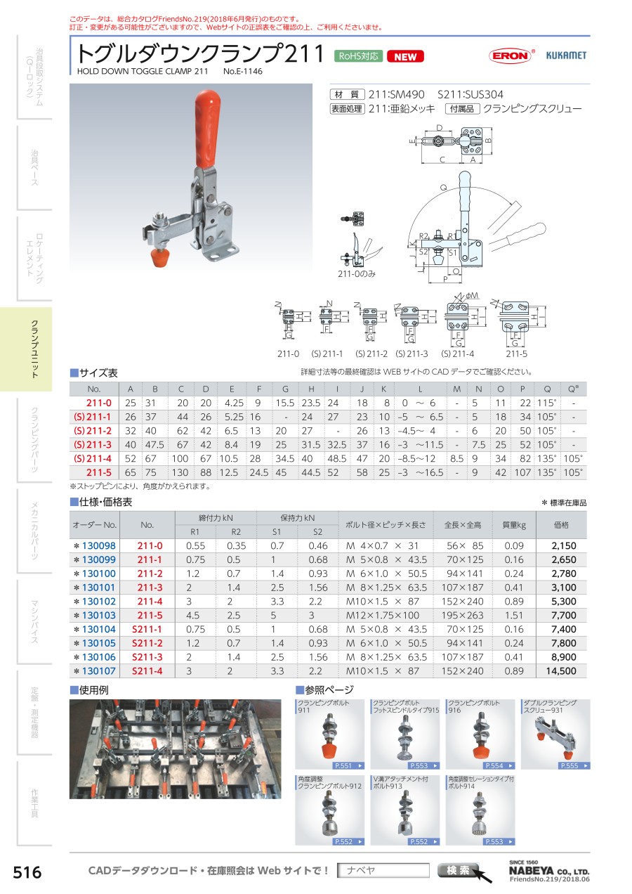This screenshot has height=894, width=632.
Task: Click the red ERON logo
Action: tap(511, 56)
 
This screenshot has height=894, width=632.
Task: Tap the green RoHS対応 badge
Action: tap(358, 56)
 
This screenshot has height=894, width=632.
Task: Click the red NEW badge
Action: tap(405, 57)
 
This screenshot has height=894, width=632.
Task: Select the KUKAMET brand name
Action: tap(566, 56)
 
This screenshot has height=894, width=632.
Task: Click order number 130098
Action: tap(98, 545)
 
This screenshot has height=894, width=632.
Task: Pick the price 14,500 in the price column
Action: tap(561, 671)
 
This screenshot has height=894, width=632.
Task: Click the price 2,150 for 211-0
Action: tap(564, 545)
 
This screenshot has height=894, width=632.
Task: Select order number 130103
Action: tap(98, 615)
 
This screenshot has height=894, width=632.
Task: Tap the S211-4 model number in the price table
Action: tap(147, 671)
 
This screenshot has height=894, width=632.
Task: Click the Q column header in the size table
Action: tap(547, 389)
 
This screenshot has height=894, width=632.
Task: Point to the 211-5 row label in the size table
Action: tap(99, 472)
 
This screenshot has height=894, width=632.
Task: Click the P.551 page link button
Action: tap(349, 765)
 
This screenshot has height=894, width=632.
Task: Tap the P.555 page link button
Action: tap(574, 765)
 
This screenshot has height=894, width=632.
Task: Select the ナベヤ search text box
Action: tap(383, 870)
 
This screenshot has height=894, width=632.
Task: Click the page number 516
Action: tap(27, 872)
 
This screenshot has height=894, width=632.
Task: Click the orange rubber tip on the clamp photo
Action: tap(160, 258)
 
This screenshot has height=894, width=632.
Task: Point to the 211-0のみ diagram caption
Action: tap(357, 274)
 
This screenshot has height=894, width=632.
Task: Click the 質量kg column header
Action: tap(514, 525)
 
